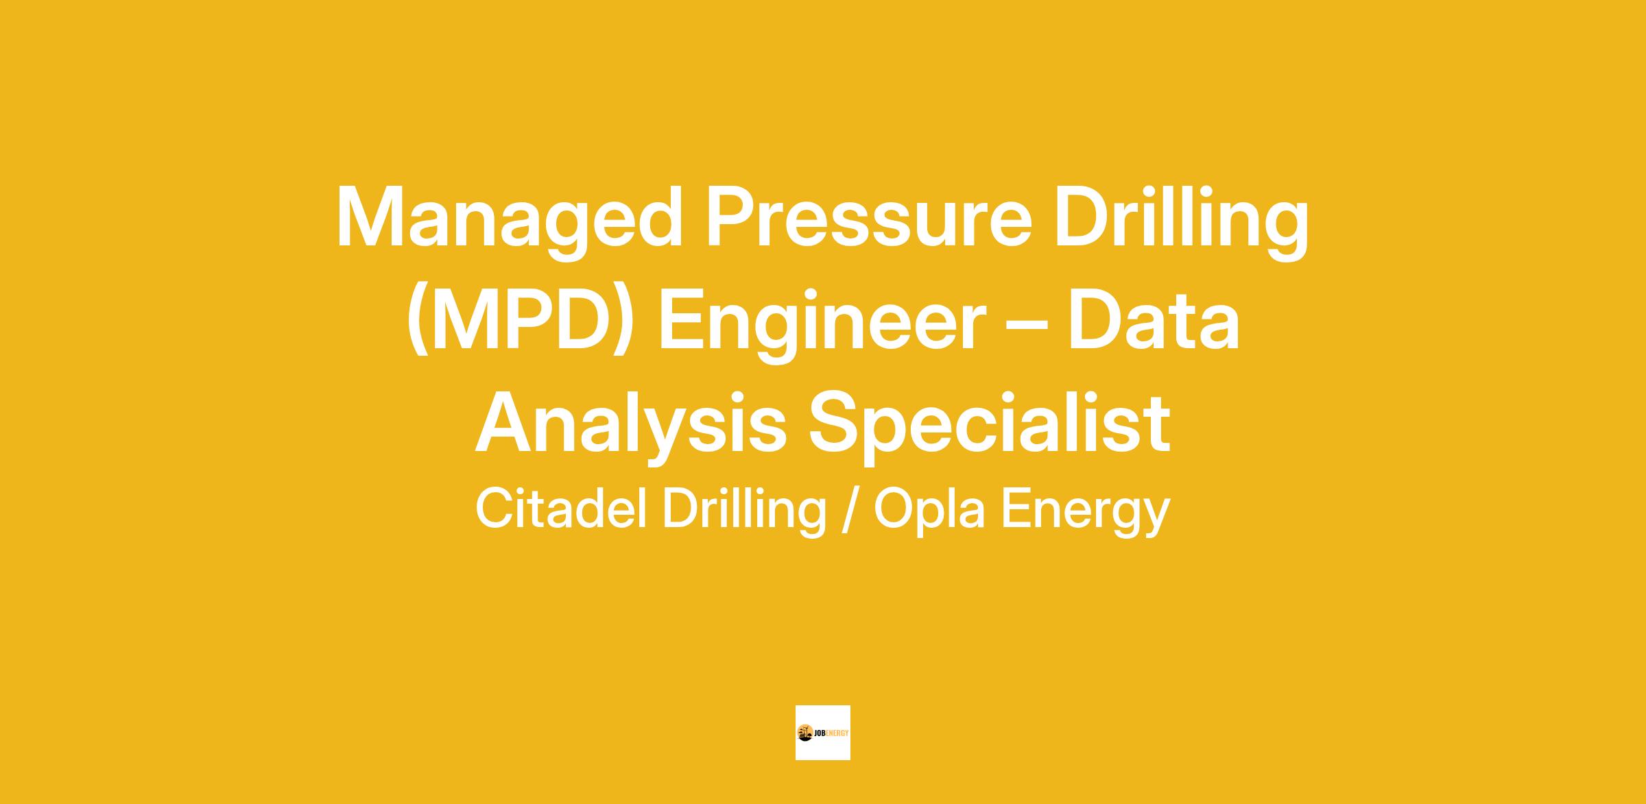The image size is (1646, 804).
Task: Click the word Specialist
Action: point(990,423)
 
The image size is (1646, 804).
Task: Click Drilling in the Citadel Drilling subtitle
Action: point(744,511)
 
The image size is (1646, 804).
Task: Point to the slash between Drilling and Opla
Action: point(849,510)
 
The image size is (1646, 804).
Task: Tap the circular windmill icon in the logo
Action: point(804,733)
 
